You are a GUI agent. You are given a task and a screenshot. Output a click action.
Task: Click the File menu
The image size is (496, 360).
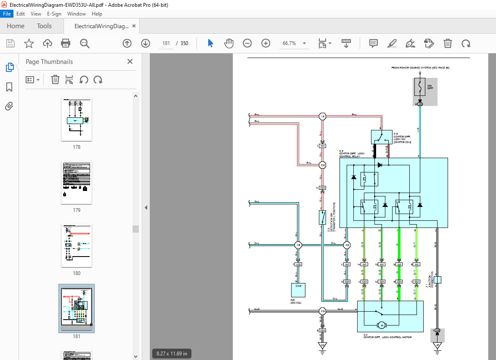(7, 14)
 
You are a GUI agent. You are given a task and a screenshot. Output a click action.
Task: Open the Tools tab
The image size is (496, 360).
(44, 26)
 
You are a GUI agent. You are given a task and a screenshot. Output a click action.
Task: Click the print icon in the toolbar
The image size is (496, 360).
(66, 43)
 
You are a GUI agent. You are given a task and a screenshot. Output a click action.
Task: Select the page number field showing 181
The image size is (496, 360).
(166, 43)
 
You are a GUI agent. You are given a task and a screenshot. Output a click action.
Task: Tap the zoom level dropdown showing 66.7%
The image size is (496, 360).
(294, 43)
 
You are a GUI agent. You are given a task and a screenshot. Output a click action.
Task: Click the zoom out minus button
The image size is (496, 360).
(247, 43)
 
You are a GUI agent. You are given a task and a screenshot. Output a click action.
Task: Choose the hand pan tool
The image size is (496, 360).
(228, 43)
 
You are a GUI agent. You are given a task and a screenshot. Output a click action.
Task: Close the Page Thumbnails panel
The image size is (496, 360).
(130, 62)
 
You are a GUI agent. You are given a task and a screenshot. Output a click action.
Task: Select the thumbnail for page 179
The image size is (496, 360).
(77, 183)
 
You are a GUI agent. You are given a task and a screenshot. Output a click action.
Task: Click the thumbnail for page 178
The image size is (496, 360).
(77, 119)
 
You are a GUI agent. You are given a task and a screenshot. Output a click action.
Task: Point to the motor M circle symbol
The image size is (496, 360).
(382, 325)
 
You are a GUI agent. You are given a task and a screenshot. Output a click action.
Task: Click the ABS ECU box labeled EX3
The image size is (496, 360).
(298, 290)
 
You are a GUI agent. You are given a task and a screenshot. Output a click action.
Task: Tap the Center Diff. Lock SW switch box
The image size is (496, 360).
(381, 137)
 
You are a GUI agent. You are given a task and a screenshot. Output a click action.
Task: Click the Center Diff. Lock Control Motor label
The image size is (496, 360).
(387, 337)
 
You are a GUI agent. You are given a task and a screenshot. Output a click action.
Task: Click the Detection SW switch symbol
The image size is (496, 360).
(322, 217)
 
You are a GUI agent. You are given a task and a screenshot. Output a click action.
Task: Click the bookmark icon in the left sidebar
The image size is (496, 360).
(9, 87)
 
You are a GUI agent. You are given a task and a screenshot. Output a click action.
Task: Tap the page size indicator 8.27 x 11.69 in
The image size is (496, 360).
(172, 353)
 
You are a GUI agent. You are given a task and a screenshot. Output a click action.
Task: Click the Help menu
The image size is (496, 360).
(97, 14)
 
